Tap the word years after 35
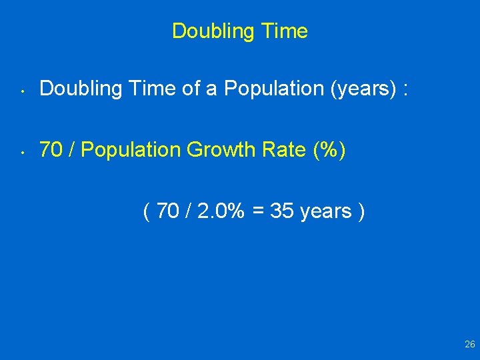(325, 212)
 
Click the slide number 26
(469, 345)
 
